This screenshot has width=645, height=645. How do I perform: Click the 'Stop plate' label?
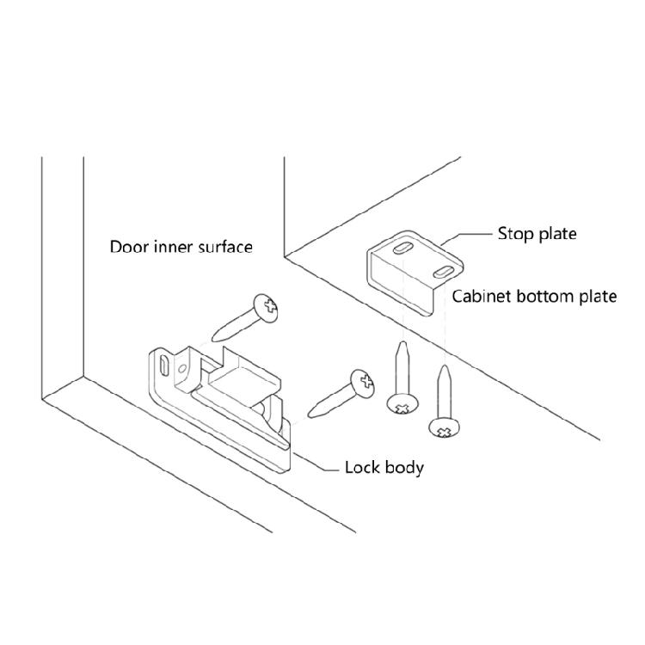pos(537,233)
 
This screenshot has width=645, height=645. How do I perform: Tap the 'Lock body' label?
pos(384,468)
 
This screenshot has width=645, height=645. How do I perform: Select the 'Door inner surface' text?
pos(181,247)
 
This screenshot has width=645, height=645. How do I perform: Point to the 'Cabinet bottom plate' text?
pos(534,297)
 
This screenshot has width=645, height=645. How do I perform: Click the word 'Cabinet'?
pos(483,297)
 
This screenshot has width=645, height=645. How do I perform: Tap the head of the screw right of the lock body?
pos(362,384)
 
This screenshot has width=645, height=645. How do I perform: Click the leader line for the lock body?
pos(315,469)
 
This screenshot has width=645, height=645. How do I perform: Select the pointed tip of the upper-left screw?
pos(212,339)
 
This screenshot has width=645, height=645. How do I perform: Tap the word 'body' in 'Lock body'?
pos(403,468)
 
